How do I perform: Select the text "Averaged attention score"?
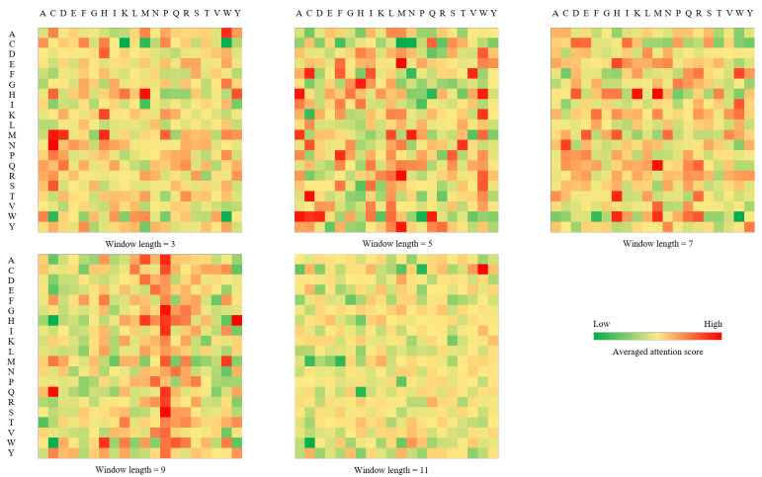click(x=657, y=352)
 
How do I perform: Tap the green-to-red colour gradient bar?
click(x=657, y=336)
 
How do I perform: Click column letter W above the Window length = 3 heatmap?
click(x=226, y=14)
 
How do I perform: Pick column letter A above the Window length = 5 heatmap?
click(x=299, y=14)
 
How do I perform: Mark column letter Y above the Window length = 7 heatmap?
click(x=749, y=14)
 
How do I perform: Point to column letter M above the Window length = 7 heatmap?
click(x=657, y=14)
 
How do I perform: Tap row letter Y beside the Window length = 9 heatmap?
click(x=11, y=452)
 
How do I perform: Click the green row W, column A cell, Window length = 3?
click(x=43, y=216)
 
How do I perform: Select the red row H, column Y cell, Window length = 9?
click(x=237, y=320)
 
